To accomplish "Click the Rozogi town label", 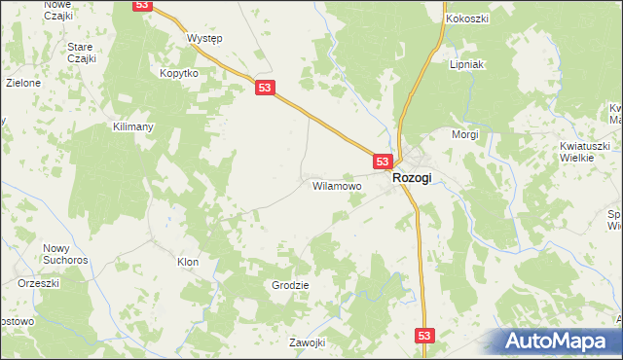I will pos(412,179).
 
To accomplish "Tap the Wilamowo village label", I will pos(337,185).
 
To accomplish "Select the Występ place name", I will pos(204,38).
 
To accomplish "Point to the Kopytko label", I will pos(179,74).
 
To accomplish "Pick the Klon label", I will pos(188,262).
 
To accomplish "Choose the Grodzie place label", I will pos(290,285).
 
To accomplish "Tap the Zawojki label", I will pos(305,343).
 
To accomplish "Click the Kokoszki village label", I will pos(466,18).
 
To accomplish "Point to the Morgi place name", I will pos(465,134).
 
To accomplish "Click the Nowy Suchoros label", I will pos(66,254).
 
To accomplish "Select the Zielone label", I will pos(22,83).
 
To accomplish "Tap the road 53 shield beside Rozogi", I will pos(382,162).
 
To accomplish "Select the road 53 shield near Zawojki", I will pos(423,335).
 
